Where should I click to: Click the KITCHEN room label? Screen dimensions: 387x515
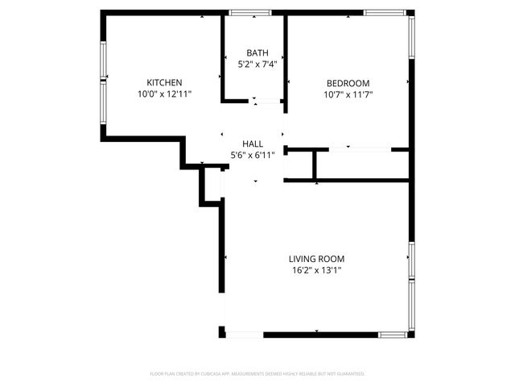click(164, 82)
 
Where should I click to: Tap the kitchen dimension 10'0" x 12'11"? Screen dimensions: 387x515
click(164, 94)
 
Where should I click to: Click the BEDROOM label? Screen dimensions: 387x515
click(348, 83)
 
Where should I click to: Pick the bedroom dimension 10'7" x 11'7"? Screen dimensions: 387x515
click(348, 94)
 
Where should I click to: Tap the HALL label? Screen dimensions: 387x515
click(252, 144)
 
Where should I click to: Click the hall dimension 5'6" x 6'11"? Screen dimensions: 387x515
click(252, 155)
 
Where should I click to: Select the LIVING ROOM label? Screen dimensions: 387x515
click(316, 259)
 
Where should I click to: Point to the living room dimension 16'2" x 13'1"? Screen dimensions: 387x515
click(316, 271)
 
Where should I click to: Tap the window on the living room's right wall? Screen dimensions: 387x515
click(411, 286)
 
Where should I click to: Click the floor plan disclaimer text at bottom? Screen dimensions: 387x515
click(257, 374)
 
